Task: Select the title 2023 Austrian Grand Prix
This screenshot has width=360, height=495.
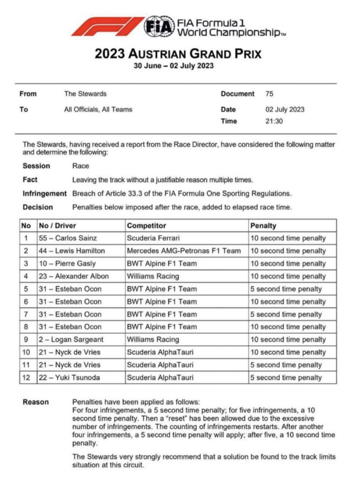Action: pos(178,54)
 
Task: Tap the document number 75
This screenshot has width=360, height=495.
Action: pos(270,94)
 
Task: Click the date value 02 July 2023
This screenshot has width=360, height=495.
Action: pos(285,109)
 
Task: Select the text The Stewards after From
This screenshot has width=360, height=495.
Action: pos(85,94)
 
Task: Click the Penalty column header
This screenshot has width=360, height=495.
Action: pos(263,226)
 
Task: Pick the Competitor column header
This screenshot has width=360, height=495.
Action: pos(146,226)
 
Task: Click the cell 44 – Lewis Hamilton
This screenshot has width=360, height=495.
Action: pos(71,251)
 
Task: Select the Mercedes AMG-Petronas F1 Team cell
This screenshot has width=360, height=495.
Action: pos(184,251)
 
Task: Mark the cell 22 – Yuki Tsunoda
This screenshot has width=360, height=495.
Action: pos(69,378)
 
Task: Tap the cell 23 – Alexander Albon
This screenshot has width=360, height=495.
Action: pos(74,276)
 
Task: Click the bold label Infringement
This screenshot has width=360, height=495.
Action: pos(45,194)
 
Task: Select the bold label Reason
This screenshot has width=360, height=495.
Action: pos(36,402)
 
